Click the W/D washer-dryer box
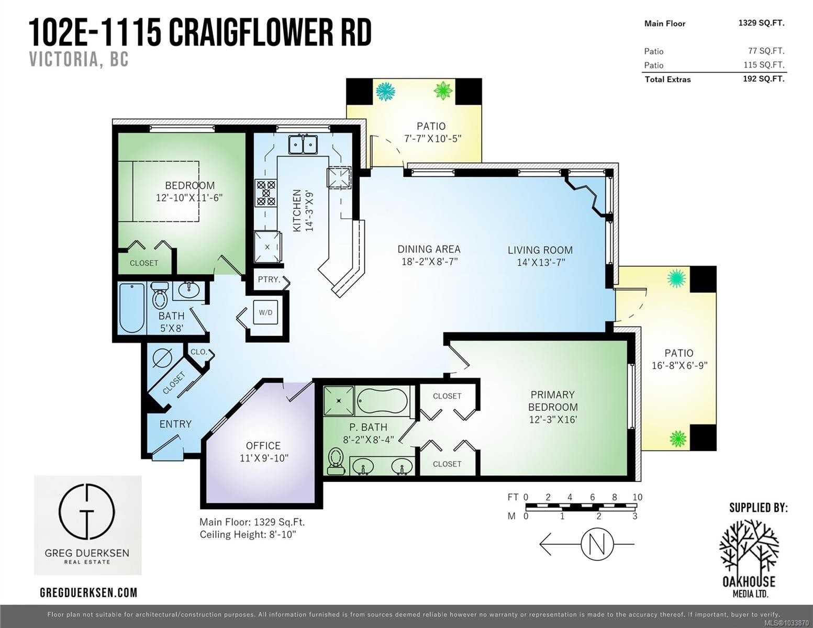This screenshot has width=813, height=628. [x=265, y=312]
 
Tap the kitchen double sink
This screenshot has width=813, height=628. [x=303, y=145]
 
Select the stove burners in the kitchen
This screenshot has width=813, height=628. [x=265, y=193]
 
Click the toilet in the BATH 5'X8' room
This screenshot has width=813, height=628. [x=160, y=296]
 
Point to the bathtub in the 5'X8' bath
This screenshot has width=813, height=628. [x=132, y=308]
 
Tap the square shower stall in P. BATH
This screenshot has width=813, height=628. [x=339, y=400]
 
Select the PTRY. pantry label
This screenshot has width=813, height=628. [x=269, y=279]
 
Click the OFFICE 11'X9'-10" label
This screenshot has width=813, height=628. [x=264, y=452]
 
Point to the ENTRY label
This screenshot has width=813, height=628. [x=175, y=424]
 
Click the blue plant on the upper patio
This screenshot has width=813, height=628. [x=385, y=91]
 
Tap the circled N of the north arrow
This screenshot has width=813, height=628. [x=597, y=544]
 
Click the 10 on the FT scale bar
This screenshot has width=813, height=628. [x=638, y=497]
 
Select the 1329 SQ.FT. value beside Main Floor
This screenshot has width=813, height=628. [x=761, y=23]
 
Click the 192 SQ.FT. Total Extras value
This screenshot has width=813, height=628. [x=764, y=78]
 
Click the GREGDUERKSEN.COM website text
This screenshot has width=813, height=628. [x=88, y=592]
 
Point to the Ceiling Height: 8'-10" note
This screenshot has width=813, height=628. [x=248, y=534]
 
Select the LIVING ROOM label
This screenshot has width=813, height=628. [x=540, y=250]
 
